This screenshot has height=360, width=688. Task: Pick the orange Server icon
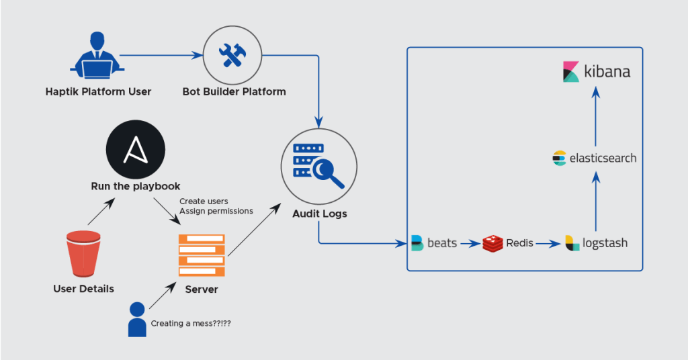(202, 256)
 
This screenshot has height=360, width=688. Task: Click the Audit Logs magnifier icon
(318, 165)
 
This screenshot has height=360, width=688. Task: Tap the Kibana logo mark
(571, 71)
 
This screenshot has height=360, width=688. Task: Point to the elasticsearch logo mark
(559, 159)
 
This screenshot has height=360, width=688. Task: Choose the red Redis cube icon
(492, 243)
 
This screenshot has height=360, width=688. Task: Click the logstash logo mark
(572, 243)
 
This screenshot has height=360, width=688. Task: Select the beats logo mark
(417, 243)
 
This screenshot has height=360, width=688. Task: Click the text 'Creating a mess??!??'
(191, 323)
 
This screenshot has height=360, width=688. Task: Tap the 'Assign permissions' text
(216, 211)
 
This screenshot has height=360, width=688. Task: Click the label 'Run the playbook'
(136, 186)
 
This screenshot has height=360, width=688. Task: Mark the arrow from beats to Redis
(469, 243)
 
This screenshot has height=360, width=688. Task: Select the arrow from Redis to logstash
(548, 243)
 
